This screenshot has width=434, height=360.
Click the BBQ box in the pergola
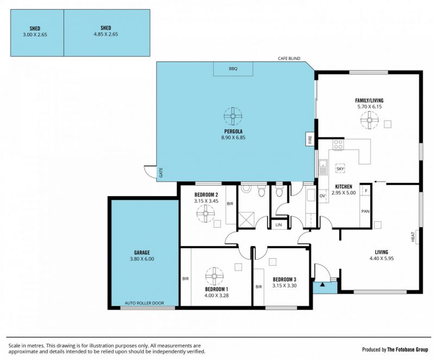tap(233, 69)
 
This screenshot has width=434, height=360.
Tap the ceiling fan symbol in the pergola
tap(233, 116)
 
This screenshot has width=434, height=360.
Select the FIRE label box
tap(309, 139)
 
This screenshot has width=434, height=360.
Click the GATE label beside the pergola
tap(161, 172)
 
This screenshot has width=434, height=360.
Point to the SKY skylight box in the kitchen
tap(340, 169)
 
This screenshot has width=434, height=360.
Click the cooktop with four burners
tap(338, 144)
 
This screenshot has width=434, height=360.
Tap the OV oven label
tap(322, 196)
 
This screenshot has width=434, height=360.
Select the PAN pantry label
tap(365, 211)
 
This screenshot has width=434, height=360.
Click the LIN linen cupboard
tap(279, 224)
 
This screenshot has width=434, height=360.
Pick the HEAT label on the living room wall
tap(413, 237)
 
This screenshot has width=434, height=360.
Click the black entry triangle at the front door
tap(322, 284)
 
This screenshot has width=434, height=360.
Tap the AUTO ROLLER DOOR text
tap(144, 303)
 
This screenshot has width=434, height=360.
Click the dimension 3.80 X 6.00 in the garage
tap(142, 259)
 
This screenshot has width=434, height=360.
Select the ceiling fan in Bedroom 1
tap(214, 276)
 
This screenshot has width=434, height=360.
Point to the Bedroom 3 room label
tap(284, 279)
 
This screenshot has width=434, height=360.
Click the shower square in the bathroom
tap(246, 220)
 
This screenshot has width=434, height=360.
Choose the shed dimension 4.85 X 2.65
tap(106, 34)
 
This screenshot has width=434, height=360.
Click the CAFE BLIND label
tap(289, 59)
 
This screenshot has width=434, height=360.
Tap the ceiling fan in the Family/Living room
tap(369, 120)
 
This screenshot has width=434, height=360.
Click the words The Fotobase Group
tap(407, 350)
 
